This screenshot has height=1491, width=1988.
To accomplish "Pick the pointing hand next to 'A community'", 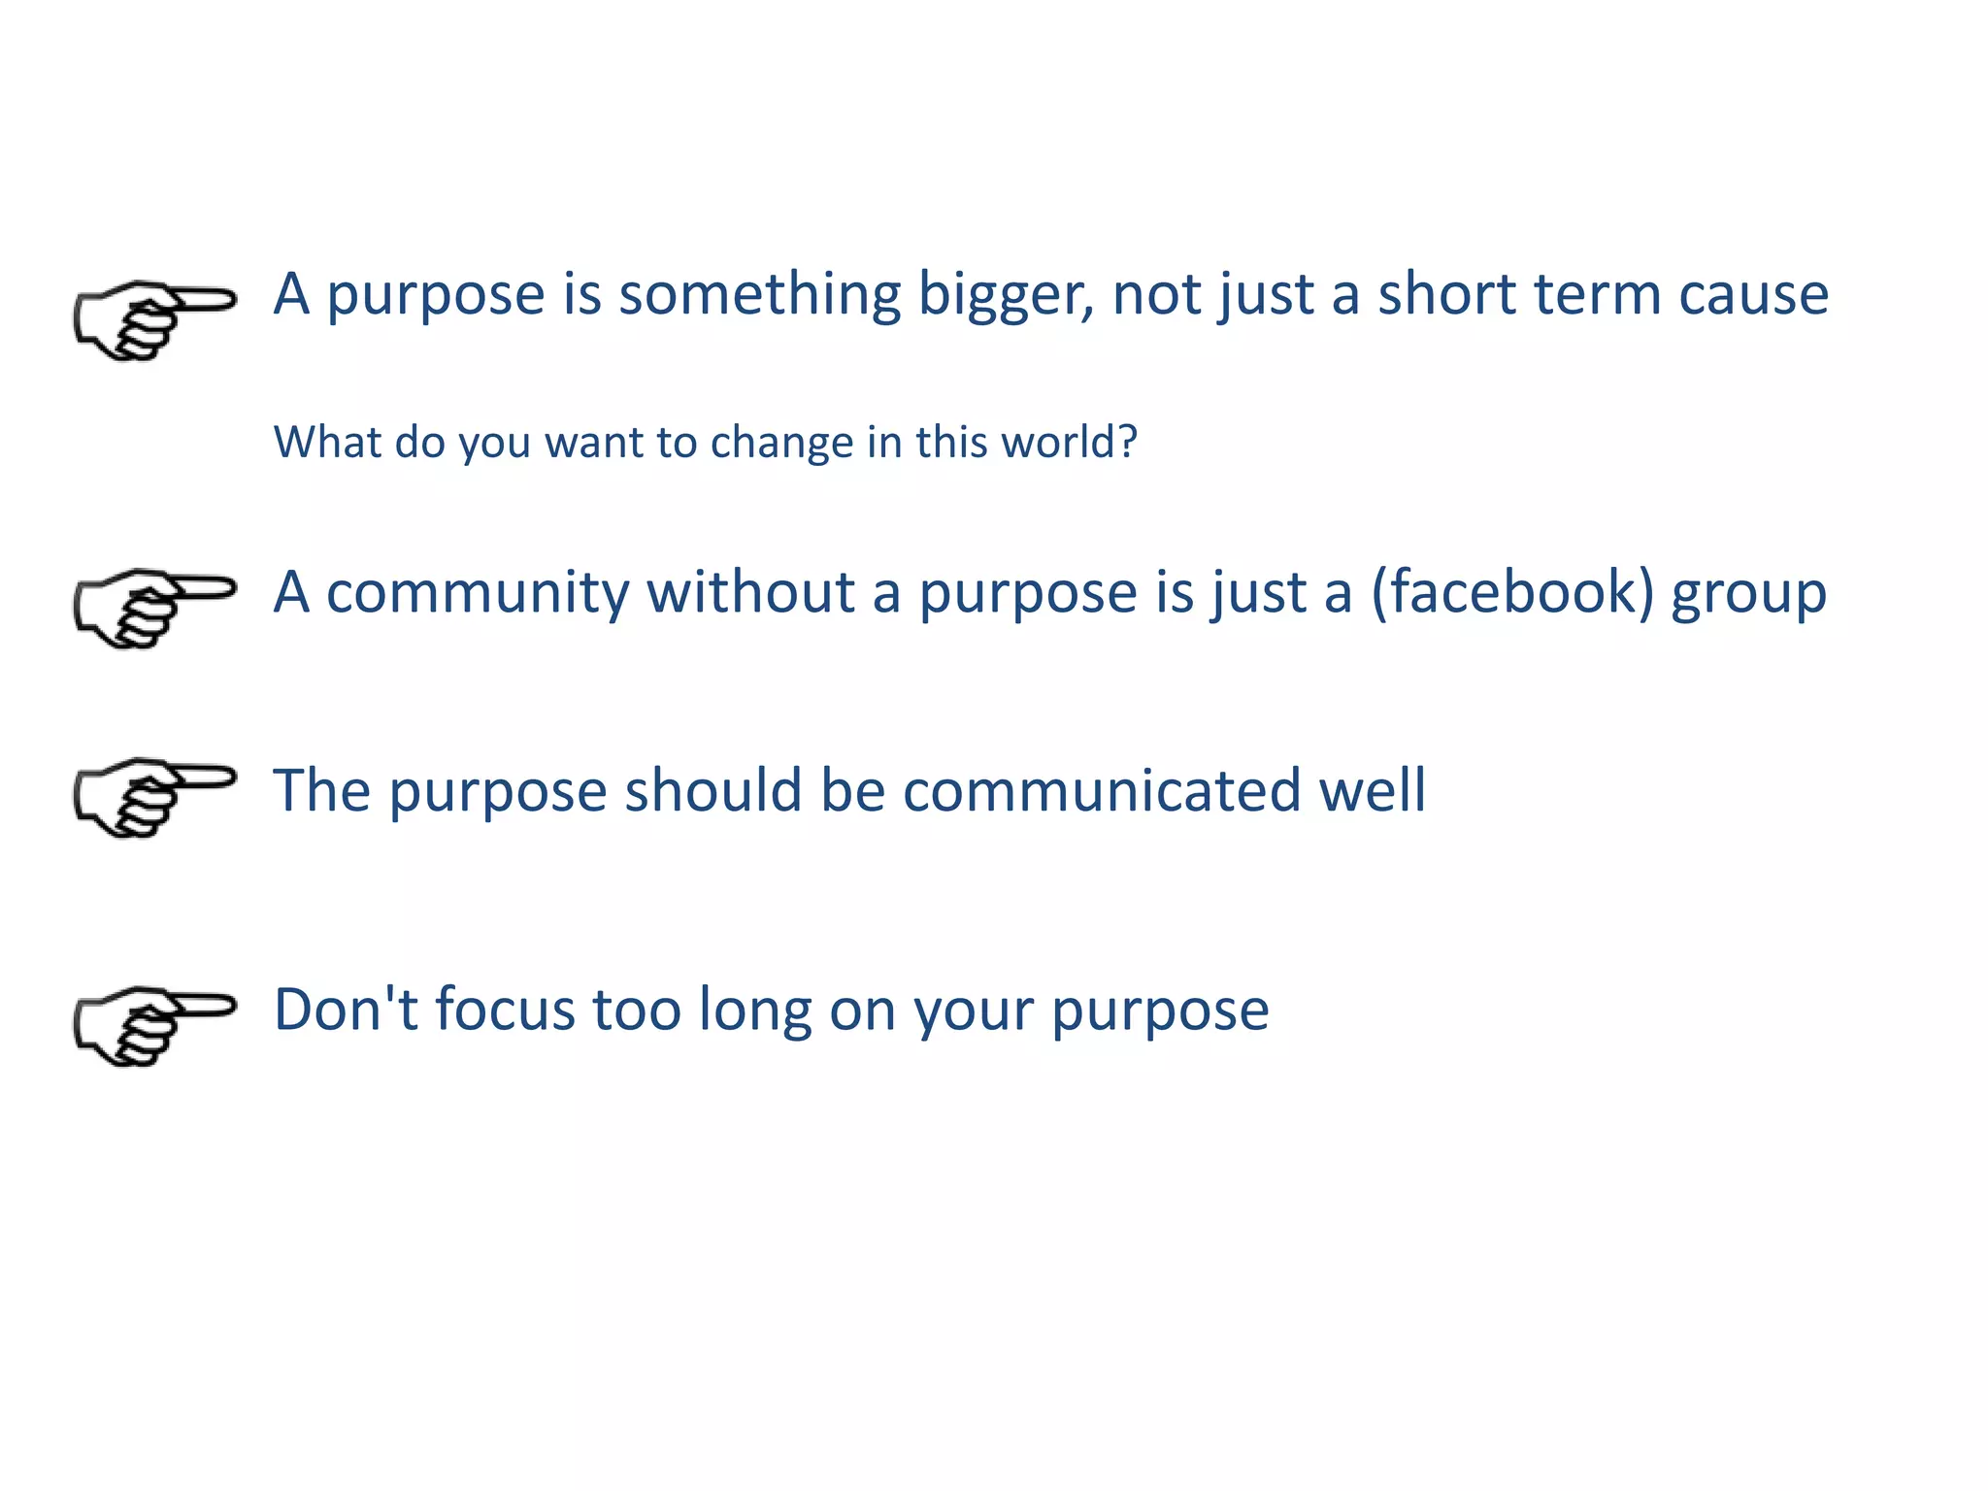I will (x=153, y=608).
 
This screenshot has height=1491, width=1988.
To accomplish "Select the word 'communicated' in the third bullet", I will (x=1102, y=790).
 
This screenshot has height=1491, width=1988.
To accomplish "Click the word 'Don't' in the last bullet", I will (x=346, y=1010).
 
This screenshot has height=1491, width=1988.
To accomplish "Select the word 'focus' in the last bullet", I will (x=505, y=1010).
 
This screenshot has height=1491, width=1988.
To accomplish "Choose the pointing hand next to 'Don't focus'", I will (x=153, y=1025).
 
